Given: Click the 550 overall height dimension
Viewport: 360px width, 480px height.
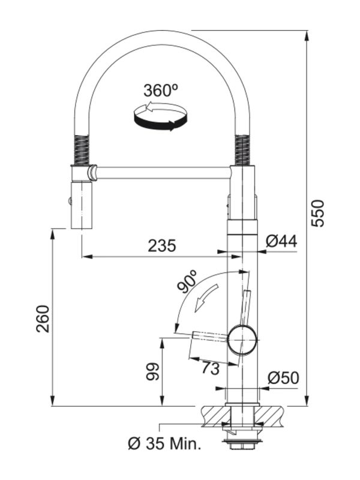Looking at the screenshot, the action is click(317, 213).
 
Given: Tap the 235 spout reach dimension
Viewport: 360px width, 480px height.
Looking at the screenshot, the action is click(162, 245).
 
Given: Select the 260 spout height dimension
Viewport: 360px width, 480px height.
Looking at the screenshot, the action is click(43, 319).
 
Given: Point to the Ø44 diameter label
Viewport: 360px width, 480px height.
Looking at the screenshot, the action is click(281, 241).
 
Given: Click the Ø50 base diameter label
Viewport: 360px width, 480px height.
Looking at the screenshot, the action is click(283, 378).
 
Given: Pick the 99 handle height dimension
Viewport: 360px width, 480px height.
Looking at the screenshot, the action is click(153, 371).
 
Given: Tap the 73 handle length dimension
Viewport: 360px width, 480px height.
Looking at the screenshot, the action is click(211, 368).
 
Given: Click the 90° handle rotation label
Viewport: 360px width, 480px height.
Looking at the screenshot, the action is click(187, 281).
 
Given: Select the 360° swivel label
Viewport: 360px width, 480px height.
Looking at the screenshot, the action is click(161, 90).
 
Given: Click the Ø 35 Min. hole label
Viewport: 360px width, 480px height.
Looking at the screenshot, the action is click(164, 443).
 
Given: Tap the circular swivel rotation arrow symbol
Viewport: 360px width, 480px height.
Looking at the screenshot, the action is click(160, 116).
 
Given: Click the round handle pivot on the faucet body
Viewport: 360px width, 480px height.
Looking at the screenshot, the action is click(242, 340).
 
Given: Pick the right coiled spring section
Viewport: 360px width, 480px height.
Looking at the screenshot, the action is click(242, 150).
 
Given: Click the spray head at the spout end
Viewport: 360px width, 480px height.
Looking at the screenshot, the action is click(82, 205).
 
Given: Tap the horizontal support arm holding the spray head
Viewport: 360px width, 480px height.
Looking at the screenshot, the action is click(163, 173).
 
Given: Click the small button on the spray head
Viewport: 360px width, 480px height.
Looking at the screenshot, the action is click(70, 201).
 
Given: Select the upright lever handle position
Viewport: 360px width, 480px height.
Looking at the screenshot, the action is click(245, 307).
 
